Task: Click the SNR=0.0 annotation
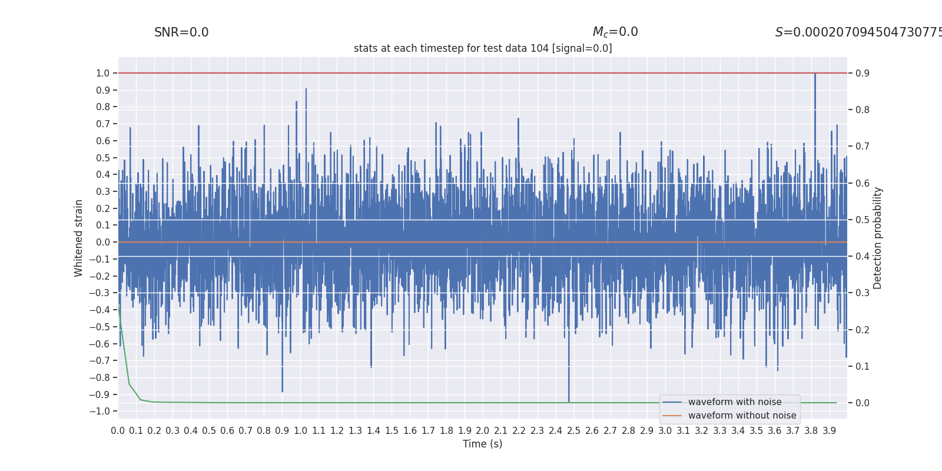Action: (181, 32)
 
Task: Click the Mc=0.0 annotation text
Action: (615, 32)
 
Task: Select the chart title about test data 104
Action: (483, 48)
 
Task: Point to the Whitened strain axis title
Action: (79, 238)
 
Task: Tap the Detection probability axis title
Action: (878, 238)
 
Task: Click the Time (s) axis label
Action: (482, 444)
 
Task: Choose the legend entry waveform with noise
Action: (735, 402)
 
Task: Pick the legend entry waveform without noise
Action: (742, 416)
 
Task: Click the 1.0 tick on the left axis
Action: (103, 73)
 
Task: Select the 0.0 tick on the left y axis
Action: (103, 242)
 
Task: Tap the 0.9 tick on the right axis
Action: (863, 73)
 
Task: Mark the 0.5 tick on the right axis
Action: (863, 220)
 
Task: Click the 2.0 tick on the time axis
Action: (483, 431)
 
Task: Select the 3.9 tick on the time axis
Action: (830, 431)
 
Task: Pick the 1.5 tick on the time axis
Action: (392, 431)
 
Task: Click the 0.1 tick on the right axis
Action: (863, 366)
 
